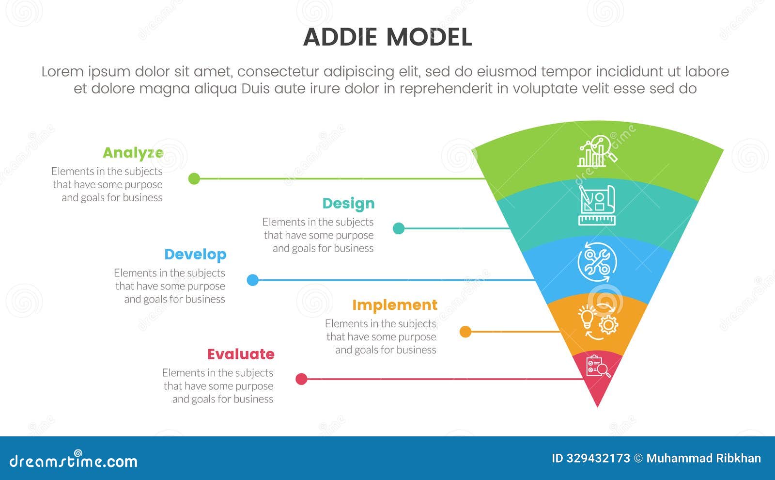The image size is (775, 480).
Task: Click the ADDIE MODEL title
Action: (387, 37)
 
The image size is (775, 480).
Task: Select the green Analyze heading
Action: (133, 153)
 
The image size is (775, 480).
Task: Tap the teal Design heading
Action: (348, 204)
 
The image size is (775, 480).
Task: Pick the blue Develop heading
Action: (195, 255)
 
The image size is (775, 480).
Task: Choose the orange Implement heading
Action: (394, 305)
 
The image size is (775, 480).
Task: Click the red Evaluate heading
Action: (241, 354)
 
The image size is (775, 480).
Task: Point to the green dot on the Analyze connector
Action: (194, 178)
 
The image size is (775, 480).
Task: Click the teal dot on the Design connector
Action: (399, 228)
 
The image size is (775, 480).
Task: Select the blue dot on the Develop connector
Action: (252, 280)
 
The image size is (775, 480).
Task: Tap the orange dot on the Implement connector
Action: (465, 332)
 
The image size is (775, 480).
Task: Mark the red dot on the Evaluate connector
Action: (301, 379)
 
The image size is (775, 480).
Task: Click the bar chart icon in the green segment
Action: (597, 152)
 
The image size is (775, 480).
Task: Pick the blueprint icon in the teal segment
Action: (597, 205)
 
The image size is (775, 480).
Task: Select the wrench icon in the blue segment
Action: (597, 262)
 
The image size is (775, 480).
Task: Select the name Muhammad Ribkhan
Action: (703, 458)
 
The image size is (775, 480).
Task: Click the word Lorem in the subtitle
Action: (62, 72)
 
